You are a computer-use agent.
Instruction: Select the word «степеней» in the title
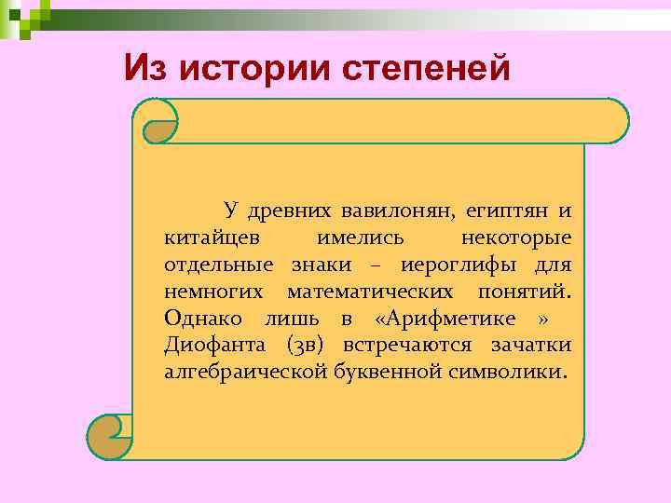point(427,67)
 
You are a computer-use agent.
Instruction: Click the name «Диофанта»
point(211,347)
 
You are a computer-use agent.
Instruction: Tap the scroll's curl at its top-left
point(158,124)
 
